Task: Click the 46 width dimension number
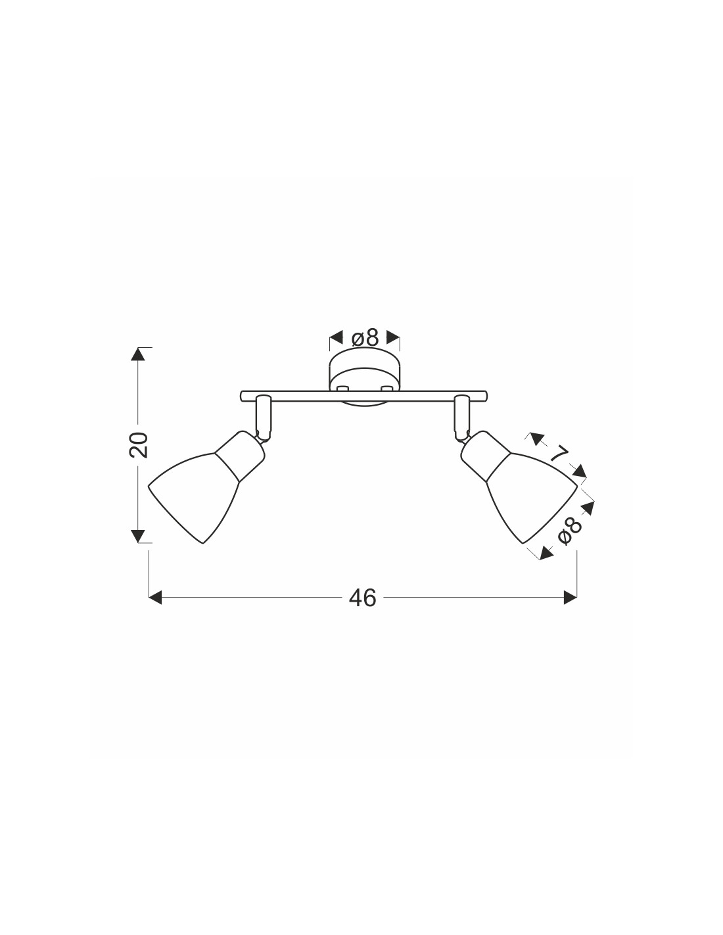(x=362, y=598)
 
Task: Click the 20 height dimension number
(x=139, y=444)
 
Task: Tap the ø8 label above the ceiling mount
(x=365, y=338)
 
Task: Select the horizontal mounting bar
(x=364, y=396)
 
